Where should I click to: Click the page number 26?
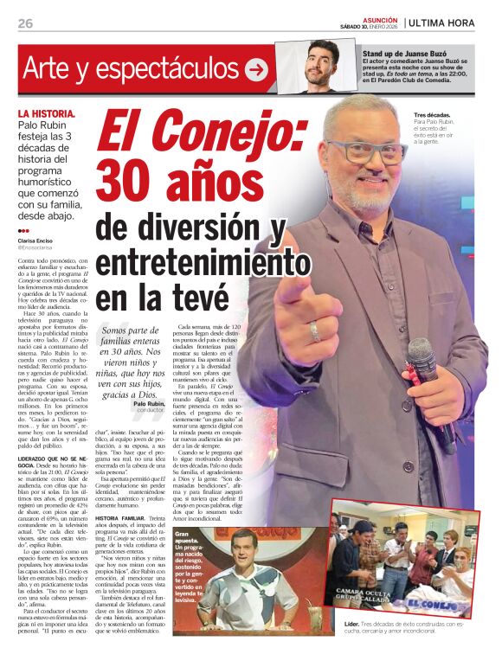(x=25, y=23)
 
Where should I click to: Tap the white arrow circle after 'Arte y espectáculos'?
(x=255, y=69)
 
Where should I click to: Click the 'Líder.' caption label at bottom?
(x=351, y=623)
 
